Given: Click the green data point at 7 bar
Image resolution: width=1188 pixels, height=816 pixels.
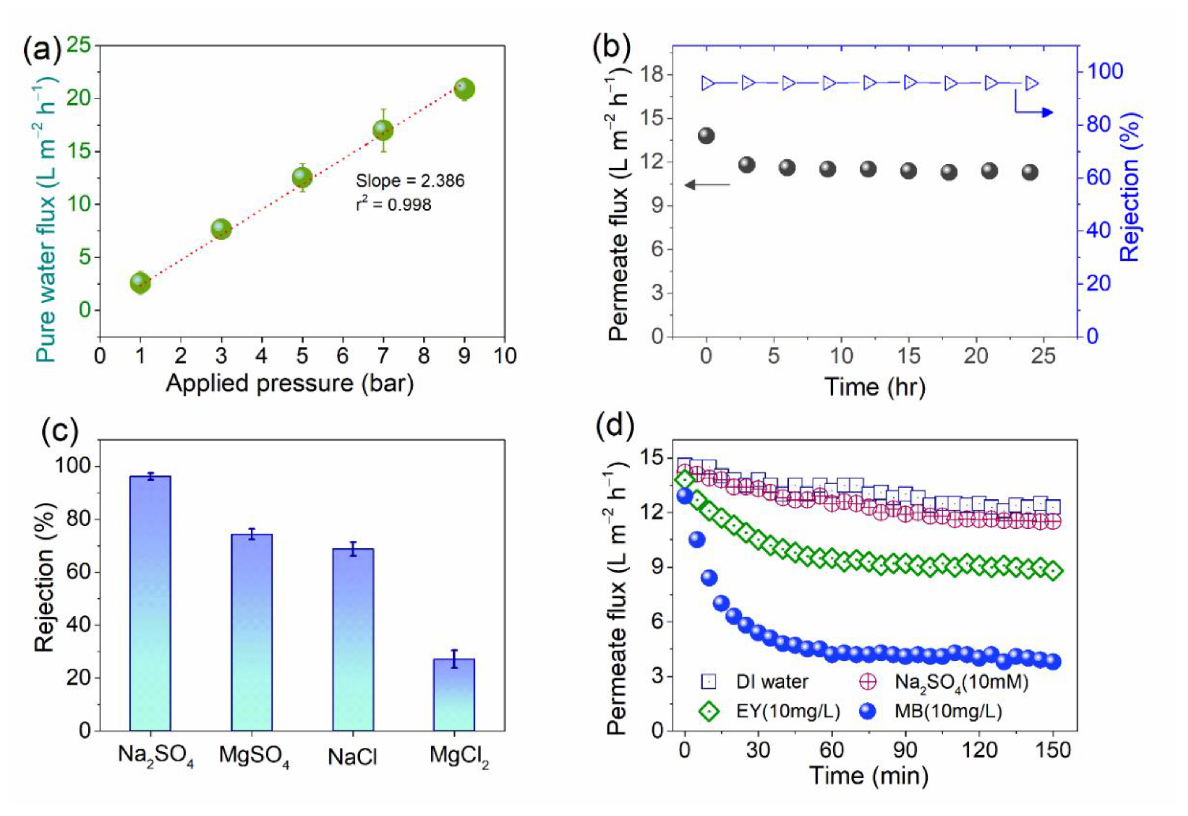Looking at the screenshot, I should click(x=383, y=130).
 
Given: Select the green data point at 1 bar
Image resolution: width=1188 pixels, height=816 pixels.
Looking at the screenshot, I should click(x=140, y=282).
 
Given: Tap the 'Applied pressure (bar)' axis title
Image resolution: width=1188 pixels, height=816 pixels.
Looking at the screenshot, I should click(x=289, y=383).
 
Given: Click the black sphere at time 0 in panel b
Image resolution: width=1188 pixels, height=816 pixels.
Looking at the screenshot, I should click(x=706, y=136).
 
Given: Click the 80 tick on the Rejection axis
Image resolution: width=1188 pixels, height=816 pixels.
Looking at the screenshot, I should click(x=1099, y=124).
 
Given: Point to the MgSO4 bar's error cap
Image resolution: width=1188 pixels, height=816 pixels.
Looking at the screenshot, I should click(x=251, y=529).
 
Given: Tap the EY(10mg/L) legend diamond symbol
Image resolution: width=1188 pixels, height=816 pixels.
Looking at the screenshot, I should click(x=709, y=711).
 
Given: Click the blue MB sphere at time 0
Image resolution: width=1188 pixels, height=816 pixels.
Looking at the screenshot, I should click(x=685, y=495).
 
